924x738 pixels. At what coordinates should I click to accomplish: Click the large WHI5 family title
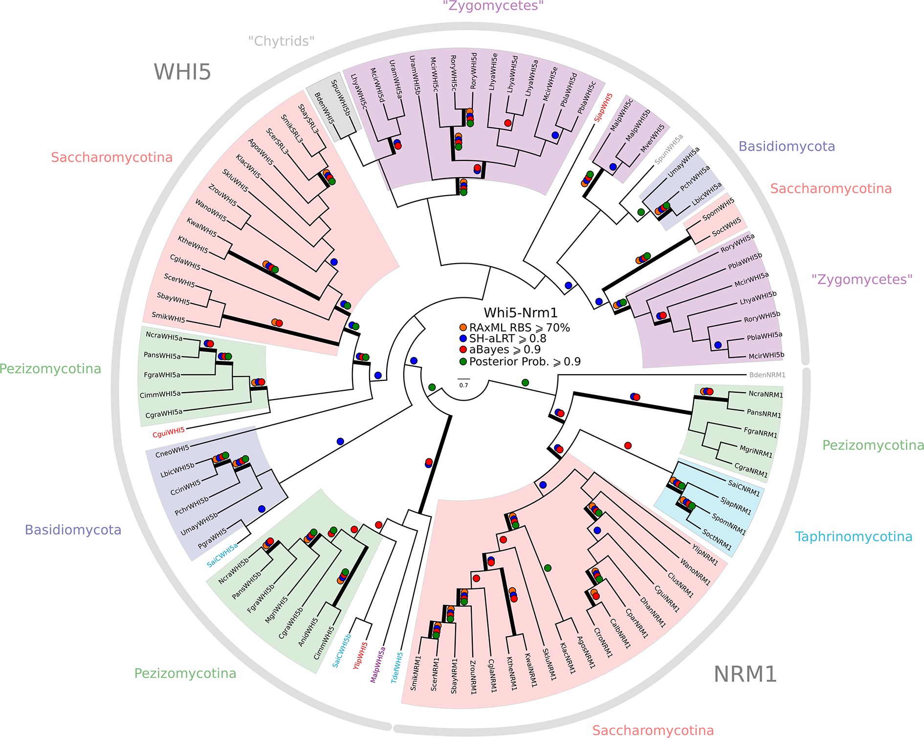182,72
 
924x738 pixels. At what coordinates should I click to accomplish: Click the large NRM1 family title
745,674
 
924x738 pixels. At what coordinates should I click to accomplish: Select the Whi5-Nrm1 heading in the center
520,313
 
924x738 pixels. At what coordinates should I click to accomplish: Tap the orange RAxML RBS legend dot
463,328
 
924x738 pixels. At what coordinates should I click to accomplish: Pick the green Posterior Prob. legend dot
463,362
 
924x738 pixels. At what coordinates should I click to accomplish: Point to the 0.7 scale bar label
463,385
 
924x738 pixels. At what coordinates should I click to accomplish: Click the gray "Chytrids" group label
281,41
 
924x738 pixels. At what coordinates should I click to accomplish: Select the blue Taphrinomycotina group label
853,537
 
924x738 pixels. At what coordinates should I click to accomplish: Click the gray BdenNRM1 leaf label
767,375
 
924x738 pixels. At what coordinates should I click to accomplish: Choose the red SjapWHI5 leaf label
603,108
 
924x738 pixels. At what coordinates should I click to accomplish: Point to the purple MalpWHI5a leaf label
377,665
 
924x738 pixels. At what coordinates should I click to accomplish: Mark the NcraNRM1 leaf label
766,394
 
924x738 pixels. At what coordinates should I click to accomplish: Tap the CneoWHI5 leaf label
172,451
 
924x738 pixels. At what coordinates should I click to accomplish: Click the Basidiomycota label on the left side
73,530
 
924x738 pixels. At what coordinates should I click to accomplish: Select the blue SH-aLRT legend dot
463,339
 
